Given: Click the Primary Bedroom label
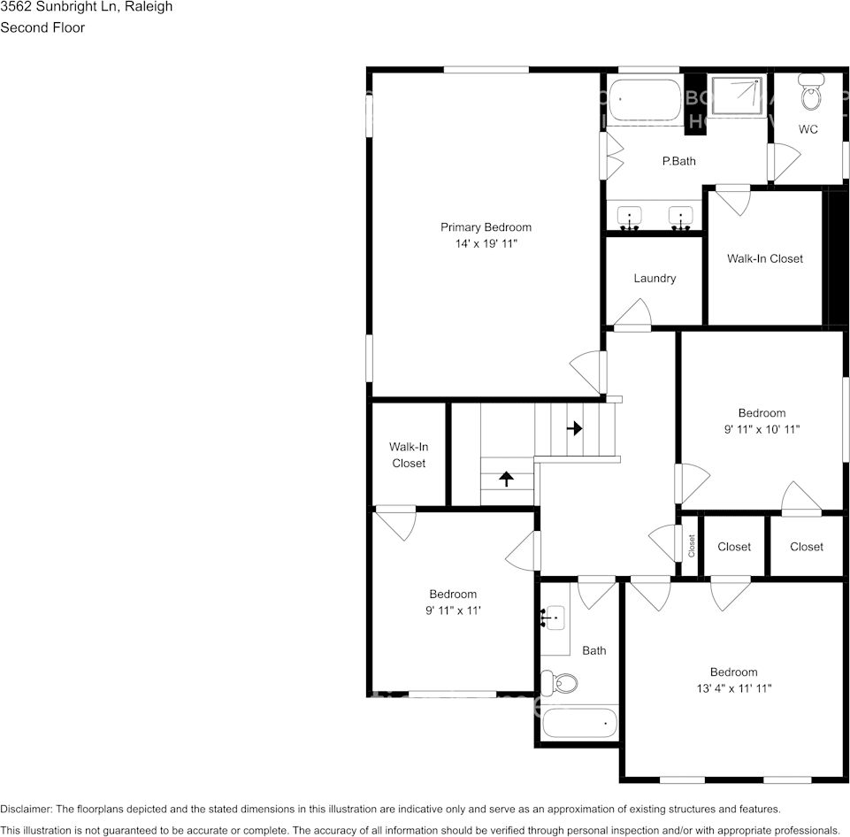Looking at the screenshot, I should pos(486,227).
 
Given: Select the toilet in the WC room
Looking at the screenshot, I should pos(810,92).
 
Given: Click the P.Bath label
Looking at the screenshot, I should pos(679,161).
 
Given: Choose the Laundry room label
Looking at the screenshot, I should pos(655,278).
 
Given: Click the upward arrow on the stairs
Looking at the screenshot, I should pos(506,479).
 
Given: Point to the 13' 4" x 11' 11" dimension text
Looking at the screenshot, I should pos(733,688).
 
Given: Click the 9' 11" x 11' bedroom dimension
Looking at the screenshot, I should pos(453,610).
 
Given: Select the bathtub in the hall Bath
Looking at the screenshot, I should pos(579,723).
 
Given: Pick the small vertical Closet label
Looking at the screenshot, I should pos(692,546).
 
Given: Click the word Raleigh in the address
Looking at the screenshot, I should pos(149,7).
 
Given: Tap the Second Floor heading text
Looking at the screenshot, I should pos(42,27).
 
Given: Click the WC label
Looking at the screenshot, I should pos(808,129).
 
